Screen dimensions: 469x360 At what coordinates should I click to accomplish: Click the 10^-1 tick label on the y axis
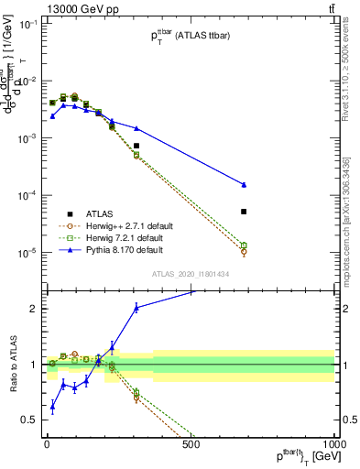[27, 25]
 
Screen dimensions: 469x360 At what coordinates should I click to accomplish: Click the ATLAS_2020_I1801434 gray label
[190, 272]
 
